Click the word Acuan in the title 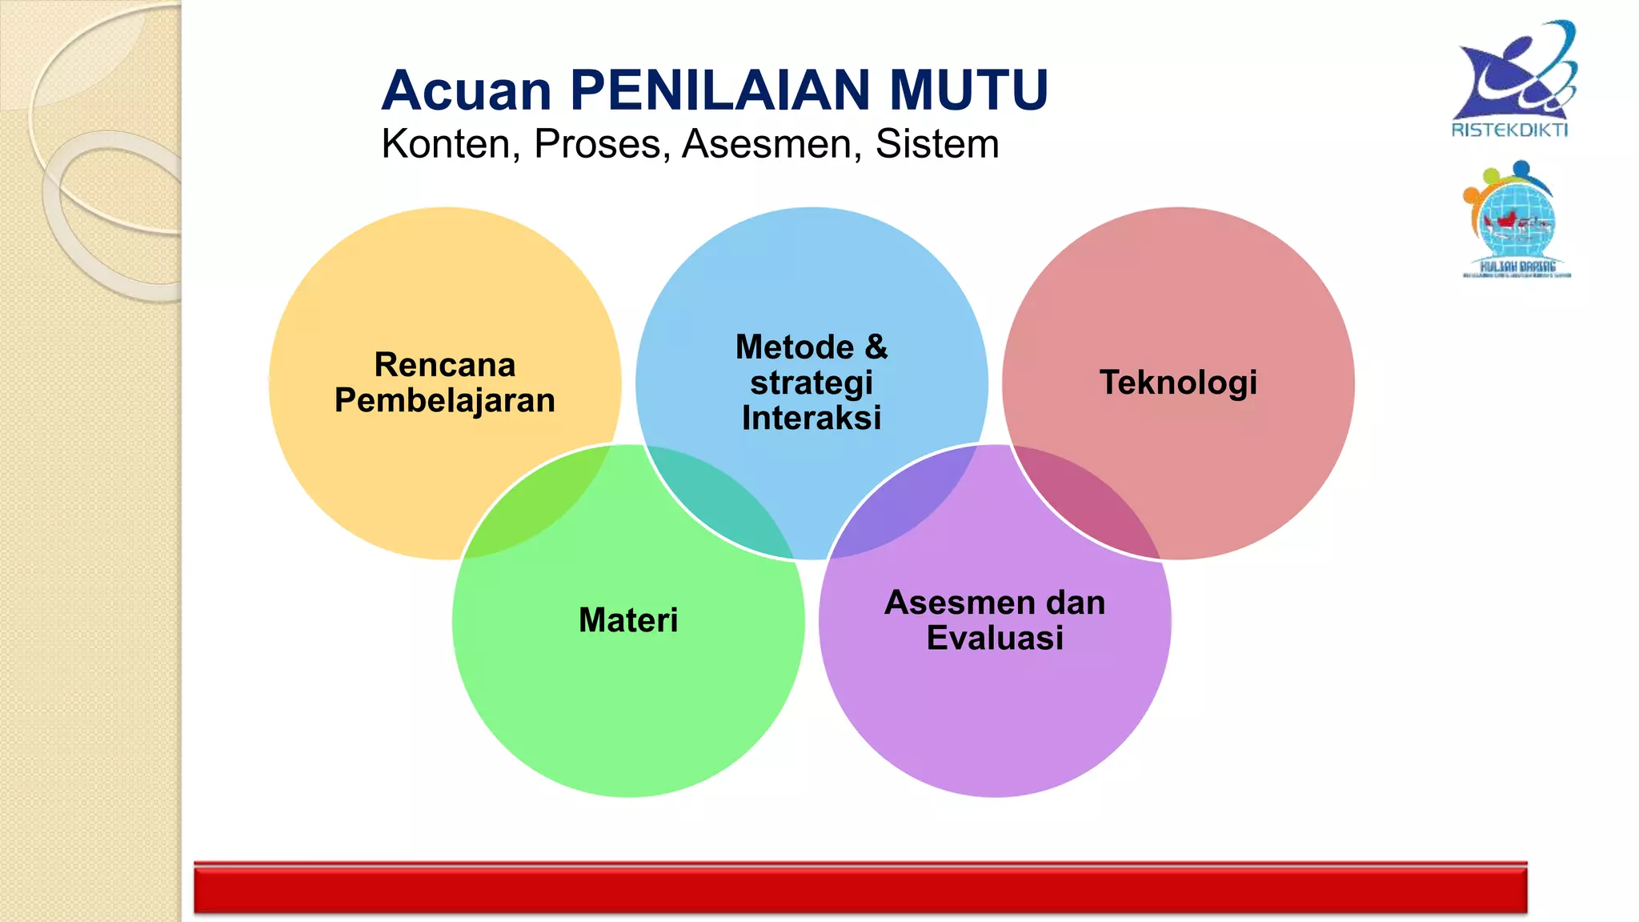467,90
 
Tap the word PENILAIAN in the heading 719,90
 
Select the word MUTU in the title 968,90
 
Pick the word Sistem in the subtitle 936,145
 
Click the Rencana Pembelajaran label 445,383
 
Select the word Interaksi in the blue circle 811,418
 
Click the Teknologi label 1178,383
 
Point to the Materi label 628,620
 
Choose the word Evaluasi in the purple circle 995,638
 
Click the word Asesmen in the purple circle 947,603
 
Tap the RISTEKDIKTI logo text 1509,130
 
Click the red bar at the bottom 860,888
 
